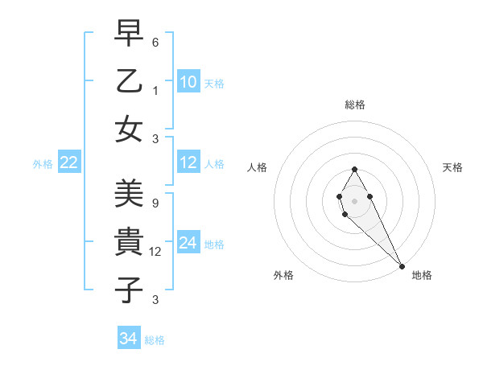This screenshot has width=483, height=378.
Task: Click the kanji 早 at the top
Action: [129, 35]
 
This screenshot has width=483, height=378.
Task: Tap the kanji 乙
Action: [129, 81]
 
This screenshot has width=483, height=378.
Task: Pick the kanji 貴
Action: [129, 240]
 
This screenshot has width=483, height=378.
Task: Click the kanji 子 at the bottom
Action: [129, 288]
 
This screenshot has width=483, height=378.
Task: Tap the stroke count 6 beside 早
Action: [156, 42]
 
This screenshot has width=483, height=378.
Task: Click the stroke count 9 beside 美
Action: [155, 203]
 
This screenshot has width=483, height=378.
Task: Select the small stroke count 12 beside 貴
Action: [157, 251]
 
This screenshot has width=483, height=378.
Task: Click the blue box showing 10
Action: [188, 82]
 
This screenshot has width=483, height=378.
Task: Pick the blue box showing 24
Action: [188, 243]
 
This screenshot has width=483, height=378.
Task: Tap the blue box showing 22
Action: [68, 163]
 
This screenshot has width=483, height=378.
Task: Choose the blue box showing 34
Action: [129, 339]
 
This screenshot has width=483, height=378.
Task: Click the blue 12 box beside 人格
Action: [188, 162]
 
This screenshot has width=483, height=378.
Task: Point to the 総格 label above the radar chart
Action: [354, 105]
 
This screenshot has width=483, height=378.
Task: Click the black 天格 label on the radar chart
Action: [453, 167]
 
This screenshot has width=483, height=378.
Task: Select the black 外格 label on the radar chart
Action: [283, 275]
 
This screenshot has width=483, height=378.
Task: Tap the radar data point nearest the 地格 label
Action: [402, 266]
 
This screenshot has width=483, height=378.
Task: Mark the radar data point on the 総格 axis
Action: [354, 169]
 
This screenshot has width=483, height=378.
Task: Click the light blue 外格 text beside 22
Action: [43, 164]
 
